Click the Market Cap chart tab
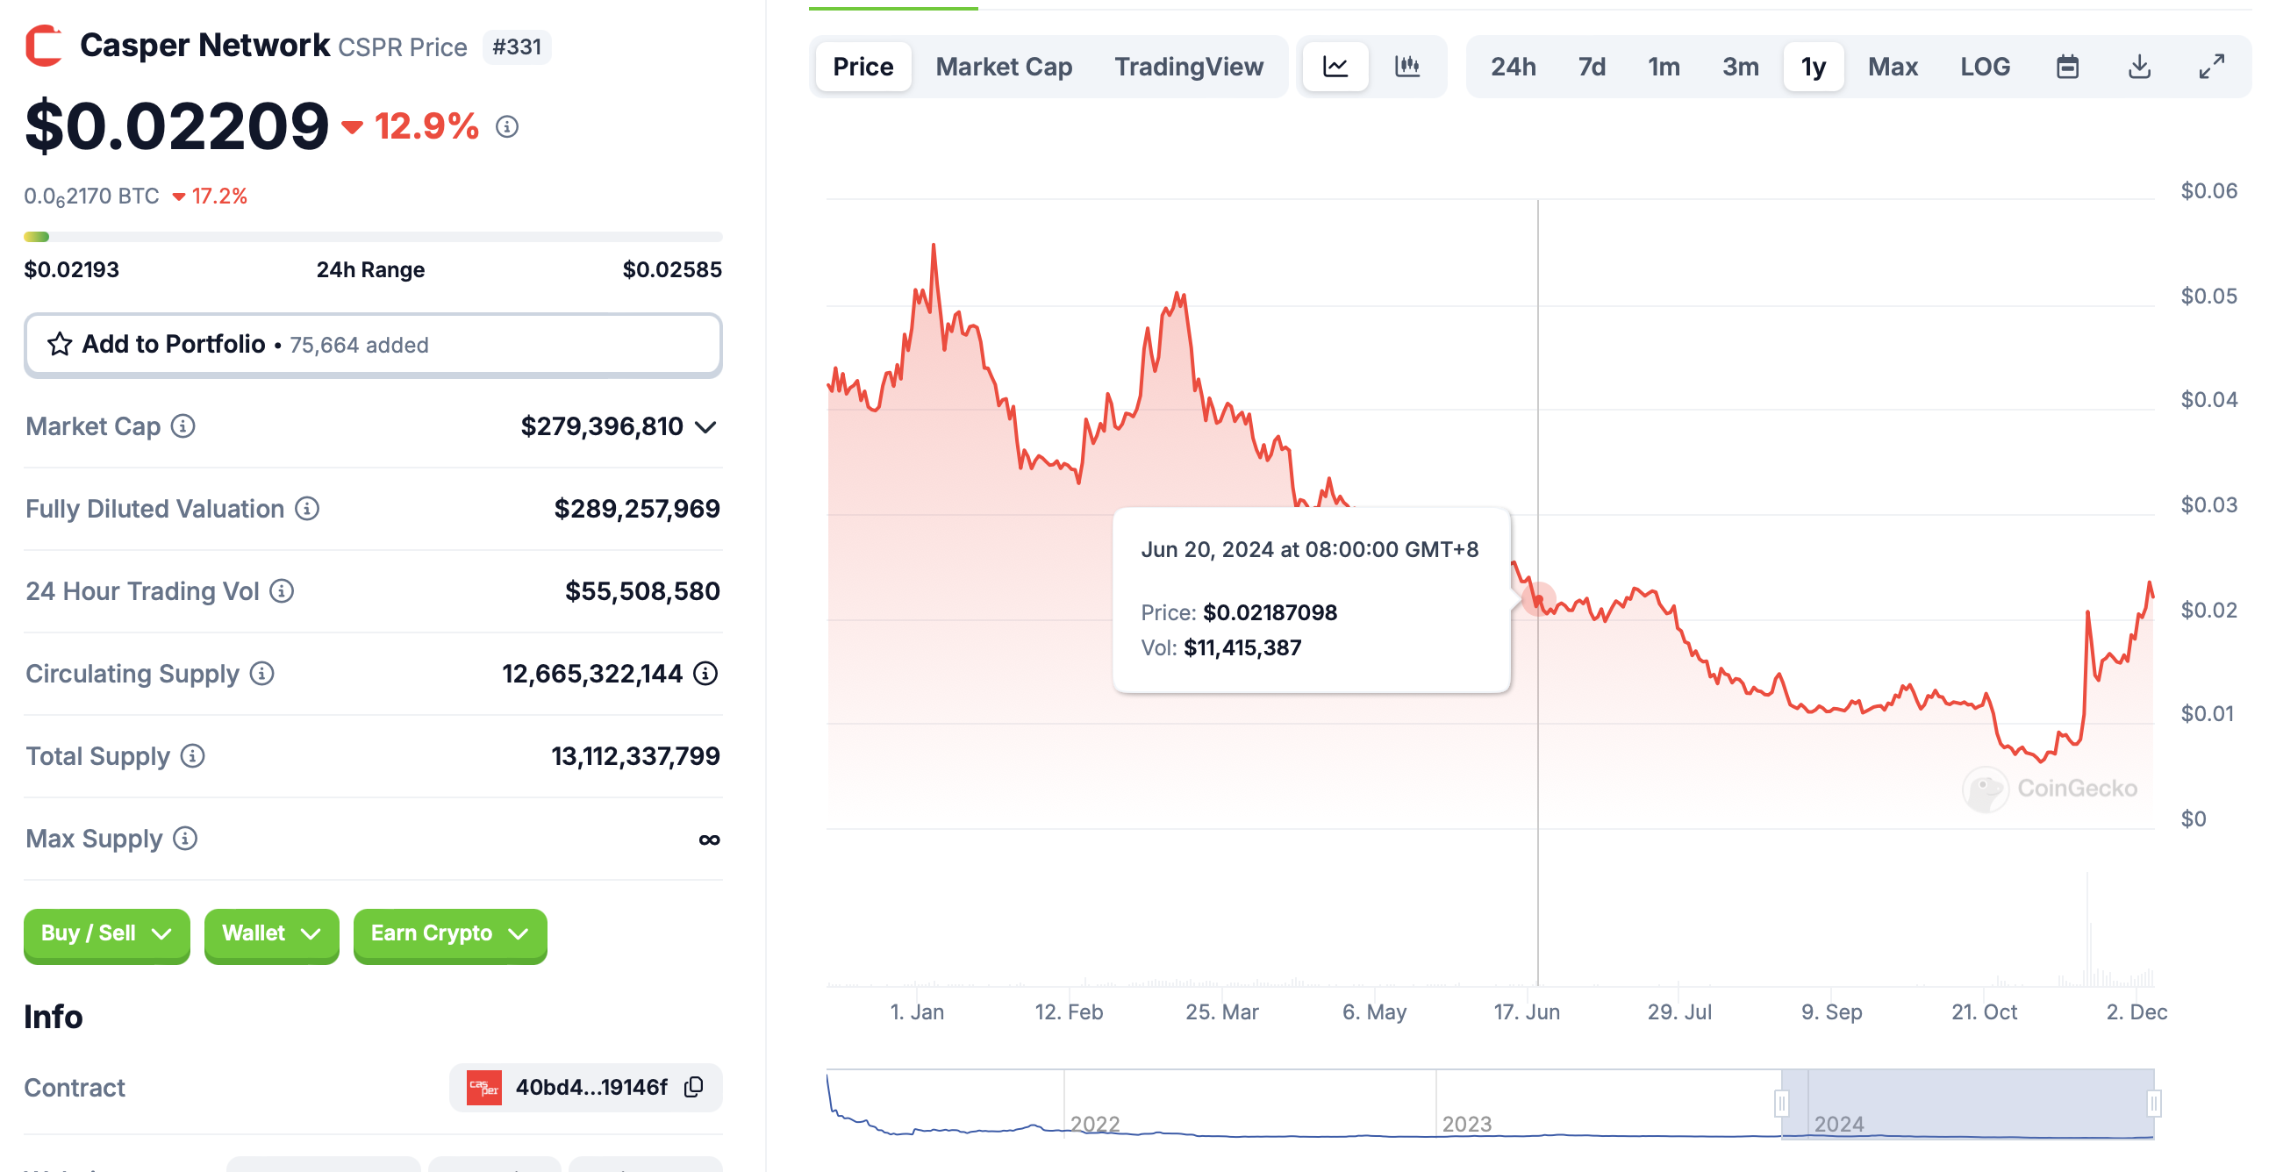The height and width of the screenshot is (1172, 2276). (x=1003, y=68)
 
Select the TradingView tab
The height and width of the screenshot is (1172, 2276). (x=1187, y=68)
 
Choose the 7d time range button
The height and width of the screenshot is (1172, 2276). (x=1591, y=68)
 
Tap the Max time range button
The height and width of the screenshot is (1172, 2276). (x=1892, y=68)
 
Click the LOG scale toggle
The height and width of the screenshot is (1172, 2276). (x=1984, y=68)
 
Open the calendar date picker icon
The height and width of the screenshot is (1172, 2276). (x=2066, y=68)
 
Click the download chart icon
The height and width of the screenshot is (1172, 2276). (x=2138, y=68)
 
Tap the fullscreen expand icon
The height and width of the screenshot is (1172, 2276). (x=2210, y=68)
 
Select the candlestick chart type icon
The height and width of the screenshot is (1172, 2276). (x=1406, y=68)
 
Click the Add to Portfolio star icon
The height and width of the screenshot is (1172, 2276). (x=59, y=345)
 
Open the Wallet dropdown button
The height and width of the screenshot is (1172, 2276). (x=270, y=933)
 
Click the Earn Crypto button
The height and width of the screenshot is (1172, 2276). (x=449, y=933)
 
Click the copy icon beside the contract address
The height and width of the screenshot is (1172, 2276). (x=694, y=1086)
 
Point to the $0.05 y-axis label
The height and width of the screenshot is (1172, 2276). (x=2208, y=296)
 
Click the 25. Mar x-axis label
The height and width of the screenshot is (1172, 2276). (x=1221, y=1011)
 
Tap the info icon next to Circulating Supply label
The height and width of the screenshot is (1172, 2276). (x=261, y=674)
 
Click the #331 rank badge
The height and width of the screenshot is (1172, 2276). (x=516, y=46)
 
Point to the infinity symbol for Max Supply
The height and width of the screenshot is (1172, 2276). (x=709, y=839)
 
